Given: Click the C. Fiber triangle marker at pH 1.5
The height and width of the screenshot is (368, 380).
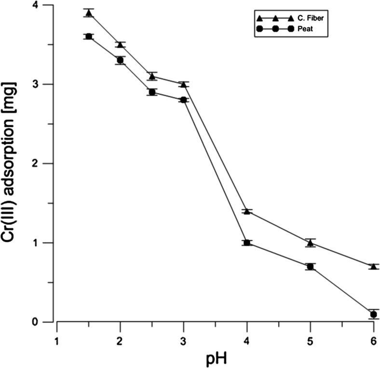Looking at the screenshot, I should click(89, 13).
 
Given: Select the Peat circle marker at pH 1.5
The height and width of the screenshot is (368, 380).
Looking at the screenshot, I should click(89, 37).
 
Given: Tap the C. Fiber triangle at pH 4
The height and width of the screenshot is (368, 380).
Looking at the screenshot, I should click(247, 211).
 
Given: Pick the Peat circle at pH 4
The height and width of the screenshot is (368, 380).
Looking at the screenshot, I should click(247, 243).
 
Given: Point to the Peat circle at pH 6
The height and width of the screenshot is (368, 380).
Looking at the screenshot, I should click(373, 314).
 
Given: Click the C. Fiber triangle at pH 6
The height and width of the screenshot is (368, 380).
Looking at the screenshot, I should click(373, 266).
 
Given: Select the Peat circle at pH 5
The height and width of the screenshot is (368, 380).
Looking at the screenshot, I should click(310, 266).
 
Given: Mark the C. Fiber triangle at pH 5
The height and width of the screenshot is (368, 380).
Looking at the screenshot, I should click(310, 243).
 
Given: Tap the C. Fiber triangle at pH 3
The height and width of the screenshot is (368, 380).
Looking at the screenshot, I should click(184, 84).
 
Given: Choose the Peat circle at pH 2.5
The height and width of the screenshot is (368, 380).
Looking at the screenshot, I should click(152, 92).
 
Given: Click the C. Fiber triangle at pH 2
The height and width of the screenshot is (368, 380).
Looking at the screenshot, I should click(120, 45).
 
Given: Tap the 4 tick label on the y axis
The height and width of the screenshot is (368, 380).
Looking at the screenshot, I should click(48, 5).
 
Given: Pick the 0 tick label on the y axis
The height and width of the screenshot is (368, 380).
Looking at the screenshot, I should click(48, 322).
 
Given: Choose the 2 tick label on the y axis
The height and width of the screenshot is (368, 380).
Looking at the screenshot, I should click(48, 164).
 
